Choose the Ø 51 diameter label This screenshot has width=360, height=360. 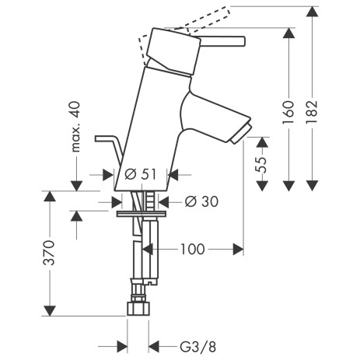click(x=141, y=173)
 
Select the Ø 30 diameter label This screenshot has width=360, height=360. click(x=201, y=201)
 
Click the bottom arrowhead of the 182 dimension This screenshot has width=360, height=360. click(x=311, y=186)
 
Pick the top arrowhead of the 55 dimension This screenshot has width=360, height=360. click(x=263, y=142)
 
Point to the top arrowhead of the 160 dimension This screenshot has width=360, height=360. click(x=288, y=33)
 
